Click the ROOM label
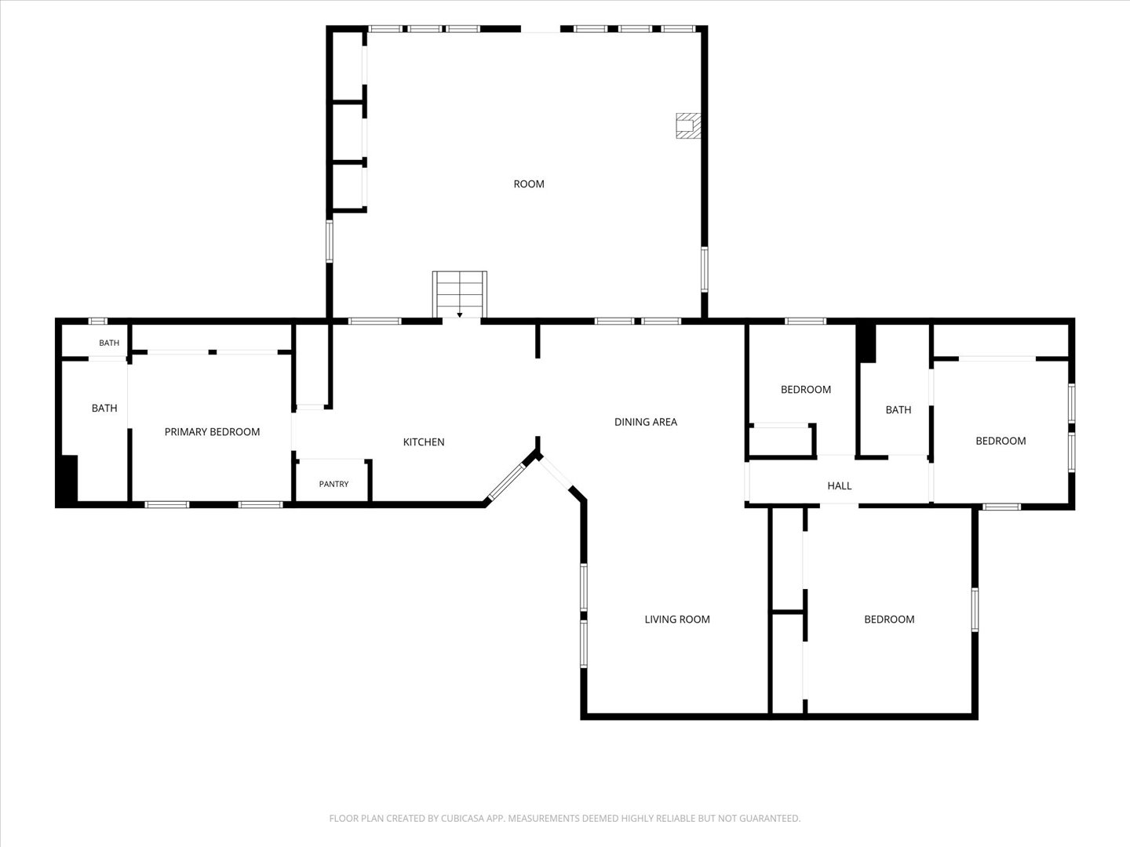point(529,184)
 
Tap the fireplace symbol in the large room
point(688,125)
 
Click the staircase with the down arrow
point(459,295)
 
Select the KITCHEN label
point(423,442)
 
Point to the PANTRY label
point(334,484)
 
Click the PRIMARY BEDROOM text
point(212,432)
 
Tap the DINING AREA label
point(646,422)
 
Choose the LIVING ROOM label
point(677,620)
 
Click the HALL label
point(839,485)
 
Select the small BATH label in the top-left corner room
point(109,343)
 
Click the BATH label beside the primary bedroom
point(104,409)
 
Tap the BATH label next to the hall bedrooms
point(899,410)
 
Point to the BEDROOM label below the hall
point(889,620)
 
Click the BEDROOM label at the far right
point(1001,441)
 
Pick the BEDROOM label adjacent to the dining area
point(806,390)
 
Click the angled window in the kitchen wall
point(507,482)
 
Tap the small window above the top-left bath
point(98,322)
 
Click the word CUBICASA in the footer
point(462,818)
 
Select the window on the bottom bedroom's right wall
point(975,610)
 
